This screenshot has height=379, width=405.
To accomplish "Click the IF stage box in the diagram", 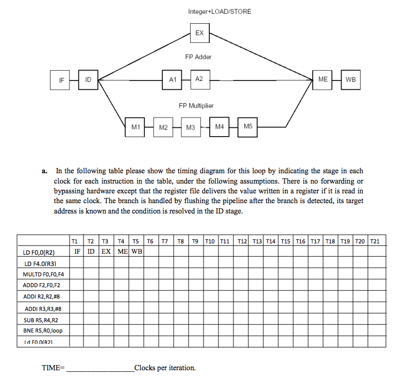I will pyautogui.click(x=61, y=80).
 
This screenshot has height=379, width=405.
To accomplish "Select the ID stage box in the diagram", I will pyautogui.click(x=88, y=80).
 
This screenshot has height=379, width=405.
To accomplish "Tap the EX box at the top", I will pyautogui.click(x=199, y=34).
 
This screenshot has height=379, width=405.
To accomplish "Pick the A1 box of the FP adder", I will pyautogui.click(x=173, y=79).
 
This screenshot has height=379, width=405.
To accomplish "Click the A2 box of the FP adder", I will pyautogui.click(x=199, y=79).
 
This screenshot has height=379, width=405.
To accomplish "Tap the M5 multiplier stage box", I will pyautogui.click(x=248, y=127).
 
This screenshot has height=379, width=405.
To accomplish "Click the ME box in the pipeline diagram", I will pyautogui.click(x=323, y=79).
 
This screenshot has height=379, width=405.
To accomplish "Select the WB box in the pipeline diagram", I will pyautogui.click(x=350, y=79).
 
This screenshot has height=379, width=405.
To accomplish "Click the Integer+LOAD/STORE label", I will pyautogui.click(x=220, y=11).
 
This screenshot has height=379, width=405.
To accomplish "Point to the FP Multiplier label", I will pyautogui.click(x=196, y=106).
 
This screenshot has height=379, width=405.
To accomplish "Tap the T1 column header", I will pyautogui.click(x=75, y=241).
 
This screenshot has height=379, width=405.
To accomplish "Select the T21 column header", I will pyautogui.click(x=375, y=241).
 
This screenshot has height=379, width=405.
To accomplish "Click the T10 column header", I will pyautogui.click(x=211, y=241).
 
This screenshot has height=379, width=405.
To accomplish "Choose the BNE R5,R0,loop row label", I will pyautogui.click(x=43, y=331).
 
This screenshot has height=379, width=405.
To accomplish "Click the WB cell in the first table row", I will pyautogui.click(x=137, y=252).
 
